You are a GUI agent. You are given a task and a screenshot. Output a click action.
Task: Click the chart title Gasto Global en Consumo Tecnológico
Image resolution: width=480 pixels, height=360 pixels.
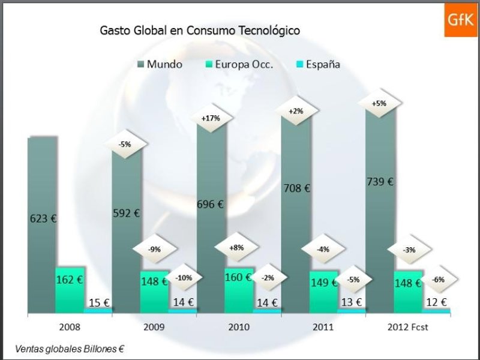200,29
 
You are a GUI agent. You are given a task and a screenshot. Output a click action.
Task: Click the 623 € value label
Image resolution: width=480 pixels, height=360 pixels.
43,218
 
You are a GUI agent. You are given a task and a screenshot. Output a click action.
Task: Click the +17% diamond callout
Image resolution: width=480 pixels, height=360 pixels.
211,118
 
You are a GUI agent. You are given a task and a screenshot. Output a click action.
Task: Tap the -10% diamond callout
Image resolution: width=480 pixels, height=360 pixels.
183,278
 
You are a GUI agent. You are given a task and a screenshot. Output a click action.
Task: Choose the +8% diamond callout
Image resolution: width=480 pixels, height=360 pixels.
237,247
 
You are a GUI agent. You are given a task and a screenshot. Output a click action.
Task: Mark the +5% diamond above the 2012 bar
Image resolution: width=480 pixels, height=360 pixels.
379,103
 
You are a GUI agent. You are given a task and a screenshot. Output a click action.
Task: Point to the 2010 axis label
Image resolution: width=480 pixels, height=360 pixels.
239,328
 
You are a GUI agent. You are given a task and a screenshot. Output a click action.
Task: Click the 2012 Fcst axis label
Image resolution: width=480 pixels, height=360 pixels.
409,328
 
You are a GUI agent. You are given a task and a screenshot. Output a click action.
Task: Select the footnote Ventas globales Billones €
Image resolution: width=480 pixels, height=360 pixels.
70,348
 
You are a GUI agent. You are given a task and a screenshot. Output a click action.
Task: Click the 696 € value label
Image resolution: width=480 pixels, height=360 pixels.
211,204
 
